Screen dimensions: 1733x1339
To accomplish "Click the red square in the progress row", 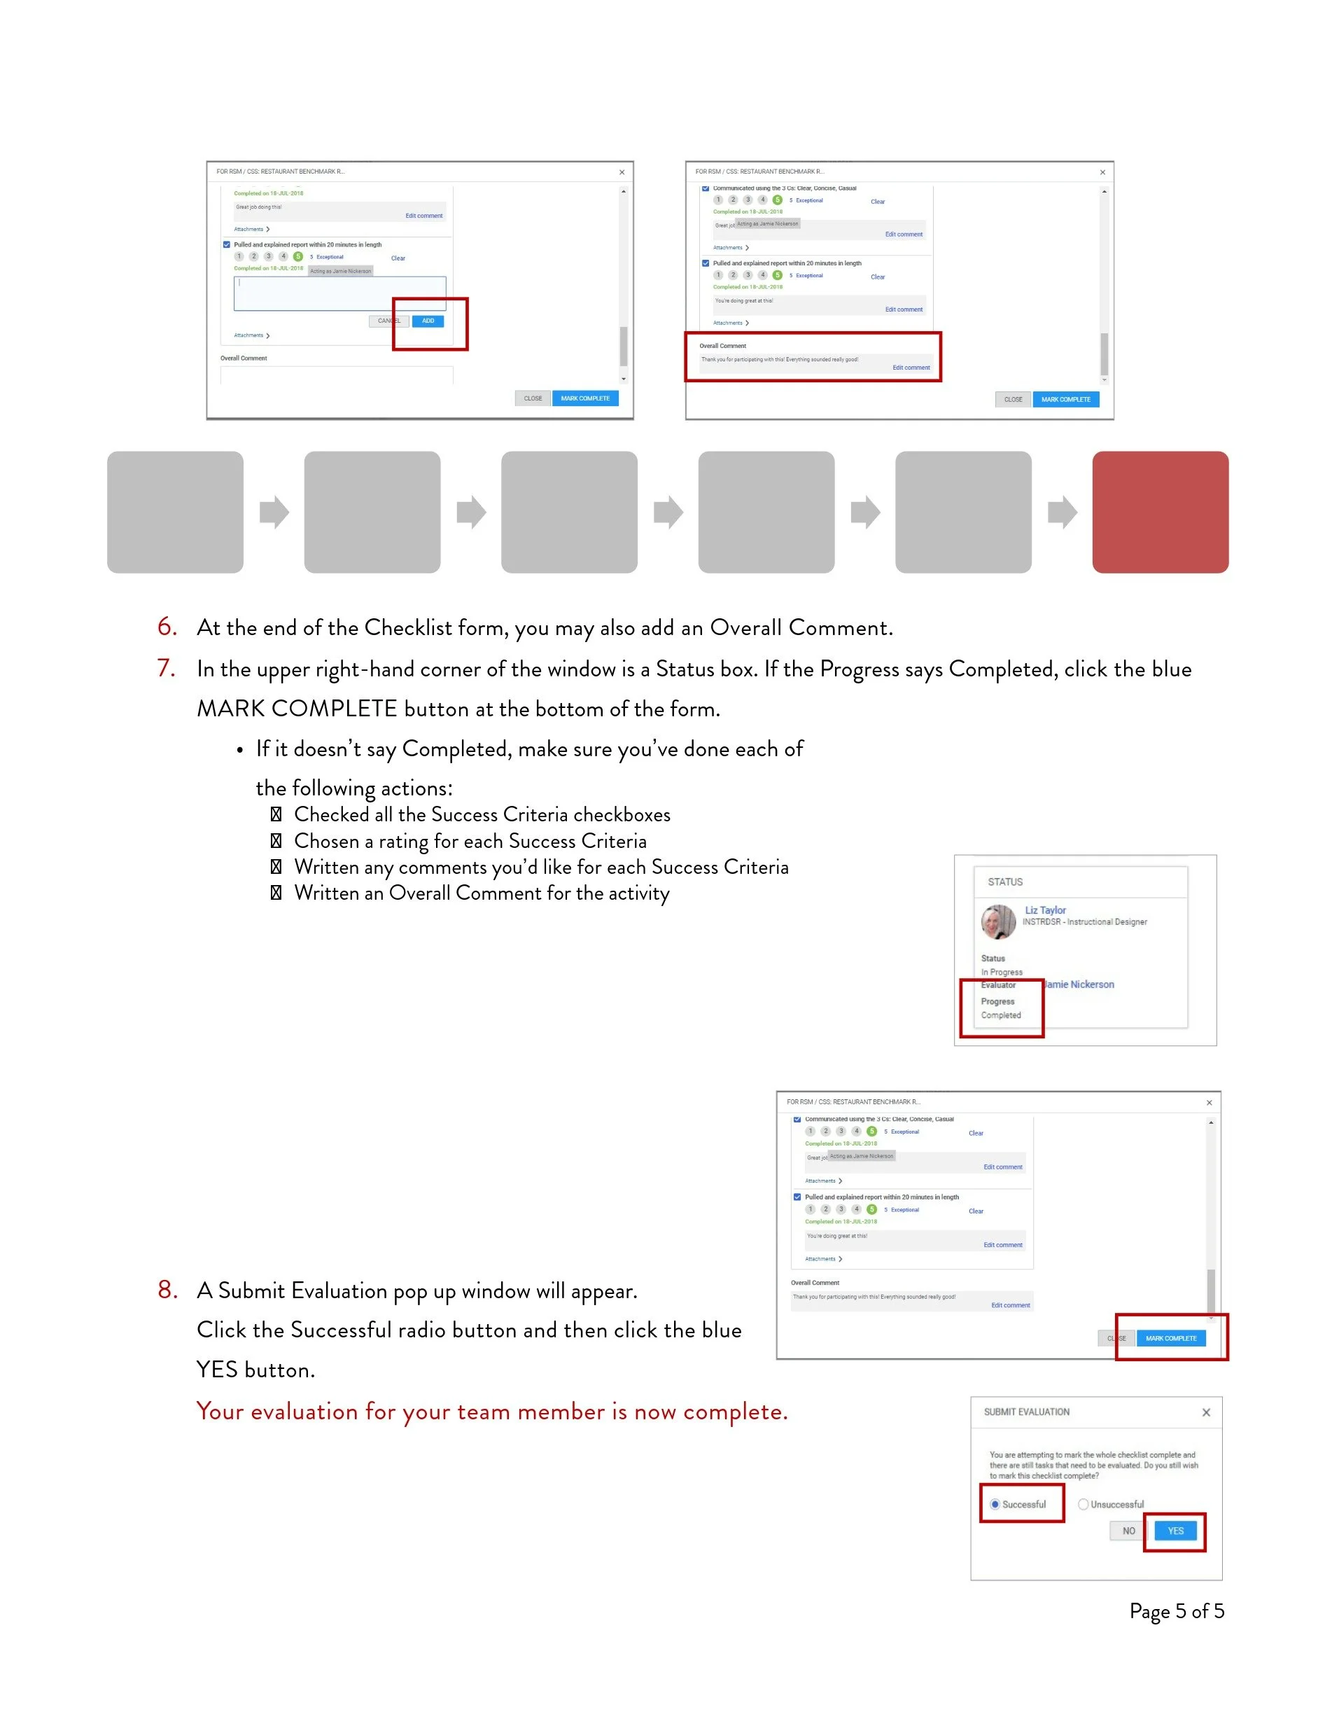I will (x=1160, y=512).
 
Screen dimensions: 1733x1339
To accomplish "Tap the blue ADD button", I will (x=428, y=321).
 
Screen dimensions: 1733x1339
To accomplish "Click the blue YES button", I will (x=1175, y=1531).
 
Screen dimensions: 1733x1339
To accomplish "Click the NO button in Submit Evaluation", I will (x=1128, y=1531).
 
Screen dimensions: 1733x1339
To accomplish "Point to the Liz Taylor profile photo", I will (x=998, y=922).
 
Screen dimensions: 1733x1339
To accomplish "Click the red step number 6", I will (x=167, y=627).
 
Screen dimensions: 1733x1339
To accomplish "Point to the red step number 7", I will (x=166, y=668).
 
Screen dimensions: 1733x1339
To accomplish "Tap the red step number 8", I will (x=167, y=1290).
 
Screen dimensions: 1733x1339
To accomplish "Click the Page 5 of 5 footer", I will (x=1177, y=1610).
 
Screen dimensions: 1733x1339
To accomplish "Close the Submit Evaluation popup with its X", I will (x=1206, y=1412).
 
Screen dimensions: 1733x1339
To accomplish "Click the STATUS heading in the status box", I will (x=1005, y=882).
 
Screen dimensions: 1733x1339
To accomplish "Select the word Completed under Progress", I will (x=1001, y=1015).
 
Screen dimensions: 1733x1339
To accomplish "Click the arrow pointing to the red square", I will (x=1062, y=512).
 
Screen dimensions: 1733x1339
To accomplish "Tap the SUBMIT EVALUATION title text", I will (x=1026, y=1412).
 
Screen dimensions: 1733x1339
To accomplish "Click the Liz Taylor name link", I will (x=1045, y=910).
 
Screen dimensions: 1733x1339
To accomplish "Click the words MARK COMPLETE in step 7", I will (x=297, y=709).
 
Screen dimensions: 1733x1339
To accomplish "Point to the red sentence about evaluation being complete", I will (x=492, y=1412).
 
